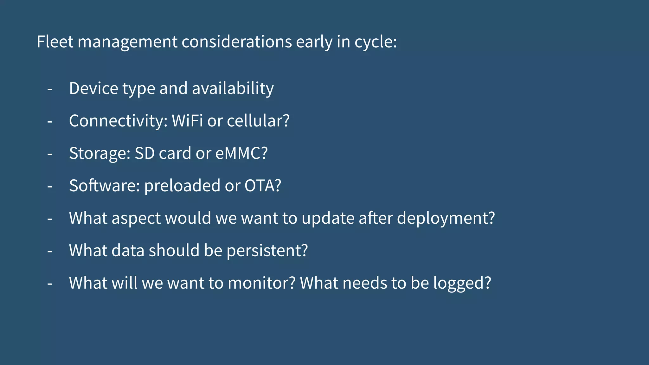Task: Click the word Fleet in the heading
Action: pos(55,42)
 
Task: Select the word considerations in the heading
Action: pos(236,42)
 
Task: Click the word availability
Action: pos(233,88)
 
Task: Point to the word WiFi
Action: pos(187,121)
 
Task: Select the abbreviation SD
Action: pos(145,153)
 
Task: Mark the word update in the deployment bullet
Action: pos(328,218)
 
